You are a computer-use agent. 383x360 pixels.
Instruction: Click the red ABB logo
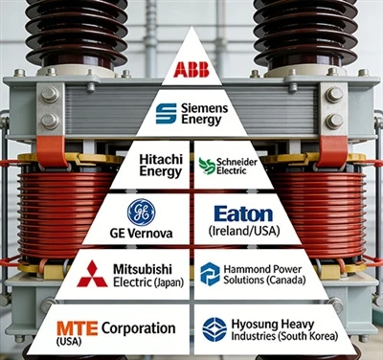pos(191,70)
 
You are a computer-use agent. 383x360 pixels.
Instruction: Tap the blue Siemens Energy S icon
pos(166,113)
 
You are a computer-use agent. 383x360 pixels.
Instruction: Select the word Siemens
pos(205,108)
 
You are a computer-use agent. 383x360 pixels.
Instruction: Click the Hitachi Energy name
pos(161,166)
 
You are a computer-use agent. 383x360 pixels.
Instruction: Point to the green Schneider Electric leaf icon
pos(207,166)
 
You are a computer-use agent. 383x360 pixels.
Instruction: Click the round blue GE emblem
pos(141,213)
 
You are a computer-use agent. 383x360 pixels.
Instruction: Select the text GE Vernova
pos(141,234)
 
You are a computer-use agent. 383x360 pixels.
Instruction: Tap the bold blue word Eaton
pos(243,214)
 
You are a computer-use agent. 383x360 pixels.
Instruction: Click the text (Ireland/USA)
pos(244,231)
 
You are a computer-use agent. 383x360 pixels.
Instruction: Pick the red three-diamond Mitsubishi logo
pos(92,274)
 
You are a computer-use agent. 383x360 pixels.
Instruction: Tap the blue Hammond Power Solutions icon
pos(210,274)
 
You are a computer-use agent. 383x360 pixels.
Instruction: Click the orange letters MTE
pos(78,328)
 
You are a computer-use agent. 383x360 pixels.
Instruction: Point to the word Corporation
pos(139,328)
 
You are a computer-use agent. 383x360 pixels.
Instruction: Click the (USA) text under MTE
pos(69,341)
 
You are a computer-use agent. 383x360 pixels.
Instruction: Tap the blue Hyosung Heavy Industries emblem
pos(214,329)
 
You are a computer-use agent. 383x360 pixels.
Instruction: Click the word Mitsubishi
pos(143,269)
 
